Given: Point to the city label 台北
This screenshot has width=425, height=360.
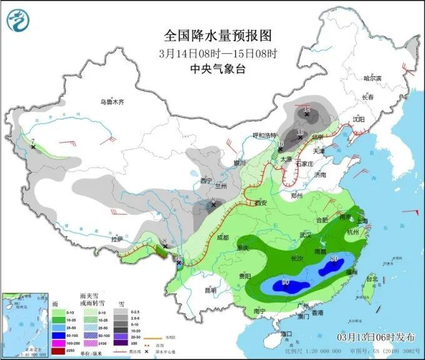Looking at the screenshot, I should [372, 279].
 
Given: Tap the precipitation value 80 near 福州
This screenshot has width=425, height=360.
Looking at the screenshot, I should [334, 259].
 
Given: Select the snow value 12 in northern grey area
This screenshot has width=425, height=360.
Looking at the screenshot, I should [306, 109].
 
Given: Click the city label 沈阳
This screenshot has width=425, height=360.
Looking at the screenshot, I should [357, 119].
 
